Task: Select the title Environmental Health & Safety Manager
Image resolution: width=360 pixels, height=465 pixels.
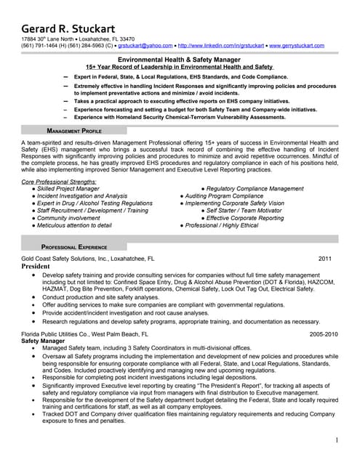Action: tap(180, 59)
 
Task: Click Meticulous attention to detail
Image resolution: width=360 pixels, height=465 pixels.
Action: tap(74, 226)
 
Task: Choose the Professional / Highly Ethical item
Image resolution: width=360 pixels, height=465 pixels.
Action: tap(222, 226)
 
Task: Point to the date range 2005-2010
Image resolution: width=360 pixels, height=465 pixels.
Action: tap(324, 334)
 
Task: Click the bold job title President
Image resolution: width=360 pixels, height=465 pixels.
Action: tap(36, 267)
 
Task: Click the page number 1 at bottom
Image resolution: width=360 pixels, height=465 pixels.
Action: tap(337, 440)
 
